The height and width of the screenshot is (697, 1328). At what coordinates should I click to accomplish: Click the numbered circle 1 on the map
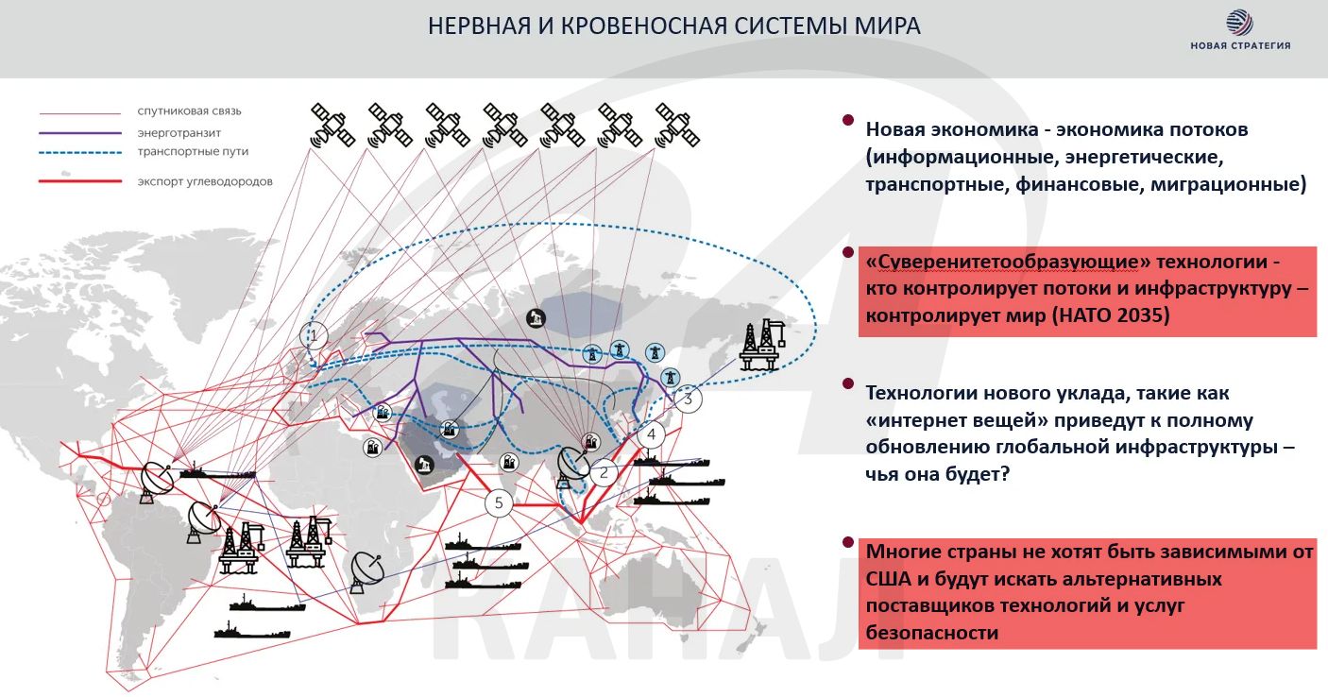[314, 334]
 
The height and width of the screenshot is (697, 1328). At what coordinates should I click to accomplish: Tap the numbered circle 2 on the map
[604, 473]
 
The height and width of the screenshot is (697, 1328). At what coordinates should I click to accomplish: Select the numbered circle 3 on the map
[688, 399]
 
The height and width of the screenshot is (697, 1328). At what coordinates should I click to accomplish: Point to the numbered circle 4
[651, 435]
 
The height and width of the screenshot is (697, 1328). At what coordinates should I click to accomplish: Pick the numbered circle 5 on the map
[499, 502]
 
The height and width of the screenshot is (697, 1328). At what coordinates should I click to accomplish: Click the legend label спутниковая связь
[189, 110]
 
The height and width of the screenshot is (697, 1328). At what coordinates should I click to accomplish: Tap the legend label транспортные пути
[193, 151]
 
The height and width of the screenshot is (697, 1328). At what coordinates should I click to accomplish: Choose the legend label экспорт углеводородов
[205, 181]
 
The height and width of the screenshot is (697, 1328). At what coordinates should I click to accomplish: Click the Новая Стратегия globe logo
[1239, 23]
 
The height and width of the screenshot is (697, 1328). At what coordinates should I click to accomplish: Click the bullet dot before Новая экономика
[847, 122]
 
